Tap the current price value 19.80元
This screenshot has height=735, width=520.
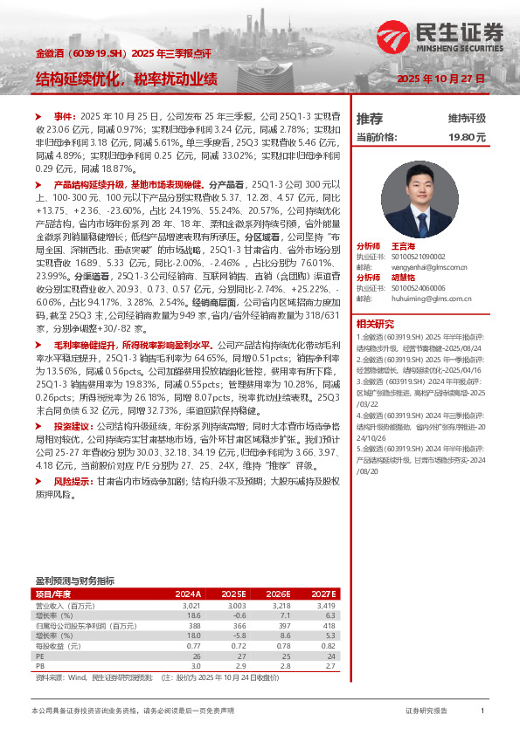pos(468,137)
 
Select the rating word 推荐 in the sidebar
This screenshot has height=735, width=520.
pos(370,118)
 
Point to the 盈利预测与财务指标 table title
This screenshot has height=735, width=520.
pos(74,580)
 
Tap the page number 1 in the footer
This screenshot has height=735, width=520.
pos(482,711)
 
